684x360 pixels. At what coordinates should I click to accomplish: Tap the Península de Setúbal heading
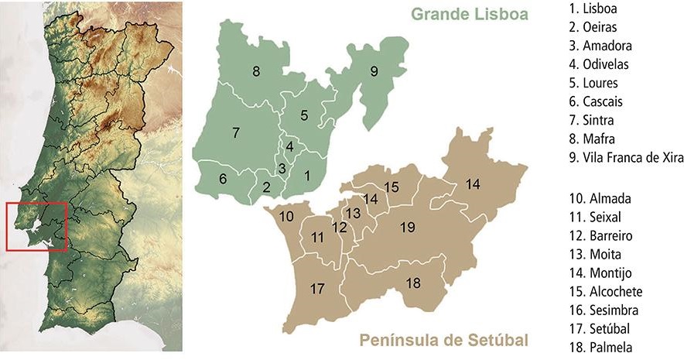click(x=443, y=340)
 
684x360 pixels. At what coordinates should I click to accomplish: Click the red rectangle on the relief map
click(x=36, y=226)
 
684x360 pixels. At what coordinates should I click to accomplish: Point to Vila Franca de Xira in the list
click(x=625, y=157)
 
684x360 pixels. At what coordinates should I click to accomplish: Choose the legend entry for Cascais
click(x=595, y=101)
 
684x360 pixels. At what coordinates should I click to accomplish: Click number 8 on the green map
click(x=255, y=72)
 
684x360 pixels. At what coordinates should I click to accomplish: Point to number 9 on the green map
click(x=374, y=72)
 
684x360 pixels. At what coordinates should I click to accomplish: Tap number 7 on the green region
click(x=235, y=133)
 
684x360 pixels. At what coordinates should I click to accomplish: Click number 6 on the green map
click(x=223, y=179)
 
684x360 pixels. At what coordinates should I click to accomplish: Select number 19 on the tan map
click(x=408, y=227)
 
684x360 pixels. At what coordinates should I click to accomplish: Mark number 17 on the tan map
click(x=316, y=289)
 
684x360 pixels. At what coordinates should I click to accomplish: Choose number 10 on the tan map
click(x=286, y=216)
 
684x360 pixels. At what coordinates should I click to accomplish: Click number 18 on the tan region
click(x=413, y=283)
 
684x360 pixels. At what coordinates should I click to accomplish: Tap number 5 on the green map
click(x=304, y=115)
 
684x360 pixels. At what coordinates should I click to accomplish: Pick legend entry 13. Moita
click(x=594, y=254)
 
